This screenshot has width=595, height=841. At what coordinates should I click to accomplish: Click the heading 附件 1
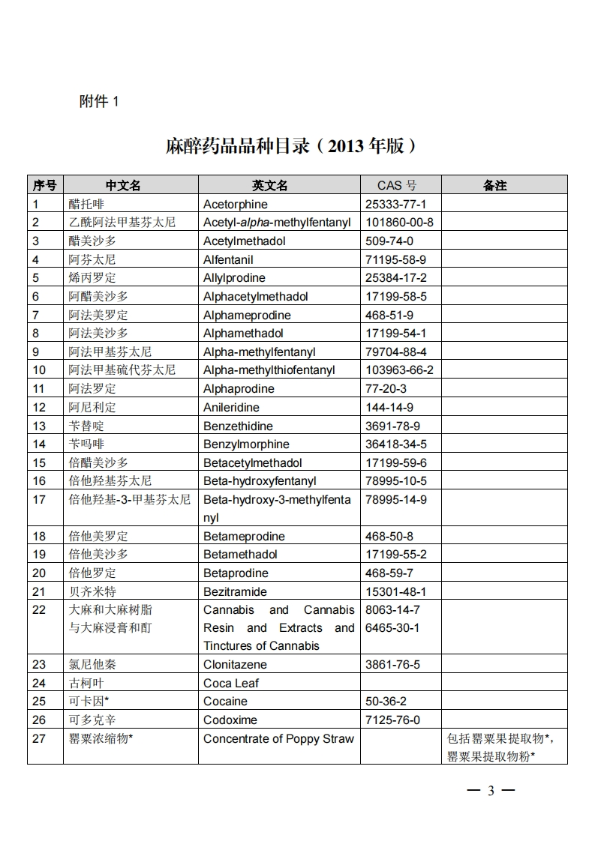click(98, 102)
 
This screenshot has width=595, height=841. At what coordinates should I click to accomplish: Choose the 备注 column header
click(495, 185)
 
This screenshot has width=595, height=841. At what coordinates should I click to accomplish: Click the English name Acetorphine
click(235, 204)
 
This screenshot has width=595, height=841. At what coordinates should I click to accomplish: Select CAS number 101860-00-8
click(399, 222)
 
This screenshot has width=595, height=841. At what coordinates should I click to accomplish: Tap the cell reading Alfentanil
click(228, 259)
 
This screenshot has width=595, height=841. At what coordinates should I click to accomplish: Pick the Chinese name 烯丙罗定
click(92, 277)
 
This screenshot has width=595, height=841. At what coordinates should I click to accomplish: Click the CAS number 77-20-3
click(386, 388)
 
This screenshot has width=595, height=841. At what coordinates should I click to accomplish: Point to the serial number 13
click(39, 426)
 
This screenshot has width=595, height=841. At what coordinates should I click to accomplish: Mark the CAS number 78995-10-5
click(395, 480)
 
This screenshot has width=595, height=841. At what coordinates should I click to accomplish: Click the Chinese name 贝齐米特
click(92, 591)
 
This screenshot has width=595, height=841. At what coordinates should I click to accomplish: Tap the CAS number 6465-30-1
click(392, 627)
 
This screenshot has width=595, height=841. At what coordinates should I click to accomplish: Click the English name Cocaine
click(225, 701)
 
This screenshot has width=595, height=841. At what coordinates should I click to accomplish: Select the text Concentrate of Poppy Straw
click(278, 738)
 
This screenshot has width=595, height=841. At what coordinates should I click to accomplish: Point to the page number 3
click(491, 791)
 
